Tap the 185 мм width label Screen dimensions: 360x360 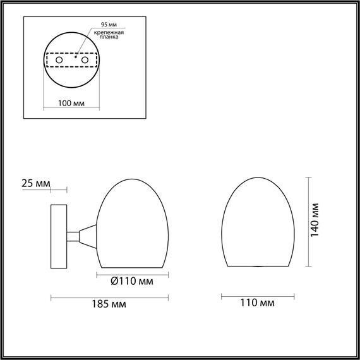coord(109,304)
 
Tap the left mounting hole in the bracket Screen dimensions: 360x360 coord(58,60)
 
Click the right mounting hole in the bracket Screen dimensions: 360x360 coord(83,60)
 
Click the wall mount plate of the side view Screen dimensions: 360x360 coord(59,236)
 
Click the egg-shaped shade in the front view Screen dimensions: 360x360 coord(258,221)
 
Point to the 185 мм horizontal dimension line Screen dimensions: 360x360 coord(109,296)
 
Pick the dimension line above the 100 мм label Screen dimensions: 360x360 coord(71,97)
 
